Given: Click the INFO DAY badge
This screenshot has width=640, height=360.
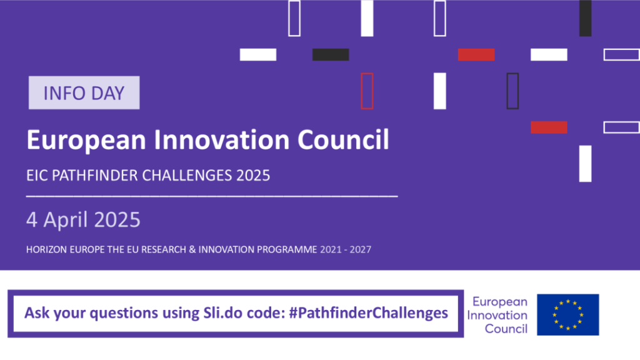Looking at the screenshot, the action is point(84,92).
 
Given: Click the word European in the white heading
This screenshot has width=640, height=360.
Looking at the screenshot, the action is point(86,141).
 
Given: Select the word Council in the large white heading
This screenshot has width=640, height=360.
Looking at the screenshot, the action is point(343,139).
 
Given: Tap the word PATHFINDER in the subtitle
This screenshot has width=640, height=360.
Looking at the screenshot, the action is point(95,176).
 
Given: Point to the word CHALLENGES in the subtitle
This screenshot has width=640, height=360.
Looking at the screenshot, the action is point(187,176).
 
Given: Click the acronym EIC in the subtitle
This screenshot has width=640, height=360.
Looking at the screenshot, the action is point(37,176).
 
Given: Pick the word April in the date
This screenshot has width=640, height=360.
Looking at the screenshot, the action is point(66,221).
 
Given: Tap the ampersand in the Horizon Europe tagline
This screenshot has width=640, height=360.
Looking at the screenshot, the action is point(192,249).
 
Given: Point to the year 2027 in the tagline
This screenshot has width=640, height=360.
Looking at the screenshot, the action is point(361,249).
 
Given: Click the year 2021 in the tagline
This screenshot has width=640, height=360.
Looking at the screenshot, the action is point(331,249).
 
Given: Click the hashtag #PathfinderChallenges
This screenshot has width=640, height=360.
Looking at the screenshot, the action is point(369,313).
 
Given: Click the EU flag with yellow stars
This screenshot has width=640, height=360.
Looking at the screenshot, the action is point(567,315).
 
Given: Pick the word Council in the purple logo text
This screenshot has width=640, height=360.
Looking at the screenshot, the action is point(506,329).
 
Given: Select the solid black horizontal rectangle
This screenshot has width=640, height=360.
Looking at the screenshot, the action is point(331,55).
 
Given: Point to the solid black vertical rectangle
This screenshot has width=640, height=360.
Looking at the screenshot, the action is point(585,18).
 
